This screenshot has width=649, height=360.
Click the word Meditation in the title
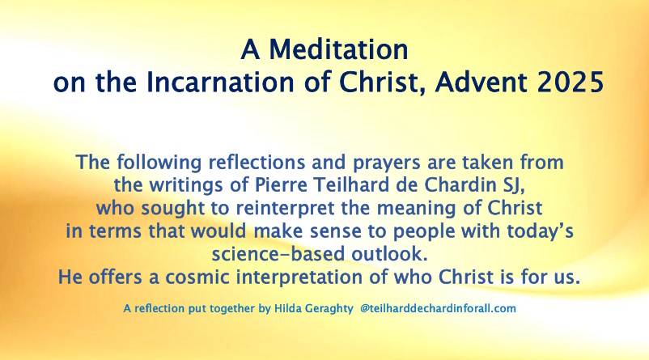[x=338, y=49]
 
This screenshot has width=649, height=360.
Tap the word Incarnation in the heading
[x=220, y=82]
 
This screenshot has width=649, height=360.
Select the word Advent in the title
[x=481, y=82]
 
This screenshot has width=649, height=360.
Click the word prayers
[x=387, y=163]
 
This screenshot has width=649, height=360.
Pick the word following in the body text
[x=159, y=163]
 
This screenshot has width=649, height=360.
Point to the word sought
[x=172, y=209]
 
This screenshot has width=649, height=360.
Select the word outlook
[x=389, y=254]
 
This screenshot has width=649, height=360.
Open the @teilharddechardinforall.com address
[x=438, y=308]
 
